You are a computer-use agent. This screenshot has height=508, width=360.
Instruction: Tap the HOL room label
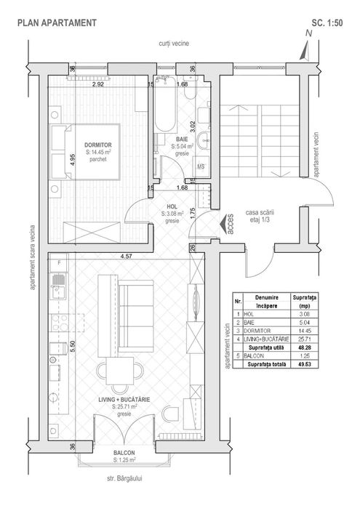[172, 206]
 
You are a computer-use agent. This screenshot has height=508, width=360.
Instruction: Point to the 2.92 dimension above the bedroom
[99, 84]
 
